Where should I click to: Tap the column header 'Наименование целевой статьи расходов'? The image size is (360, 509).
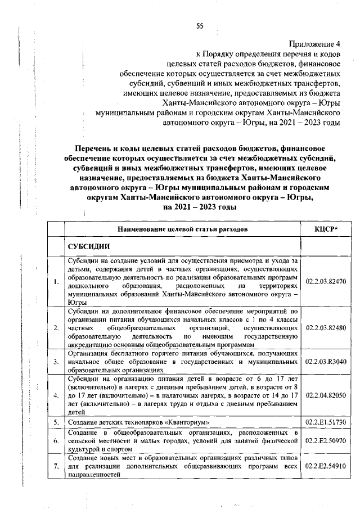tap(182, 229)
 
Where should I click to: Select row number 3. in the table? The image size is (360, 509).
tap(56, 362)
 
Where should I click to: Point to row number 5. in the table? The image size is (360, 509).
tap(56, 421)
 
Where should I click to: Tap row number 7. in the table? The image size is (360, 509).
tap(56, 466)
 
